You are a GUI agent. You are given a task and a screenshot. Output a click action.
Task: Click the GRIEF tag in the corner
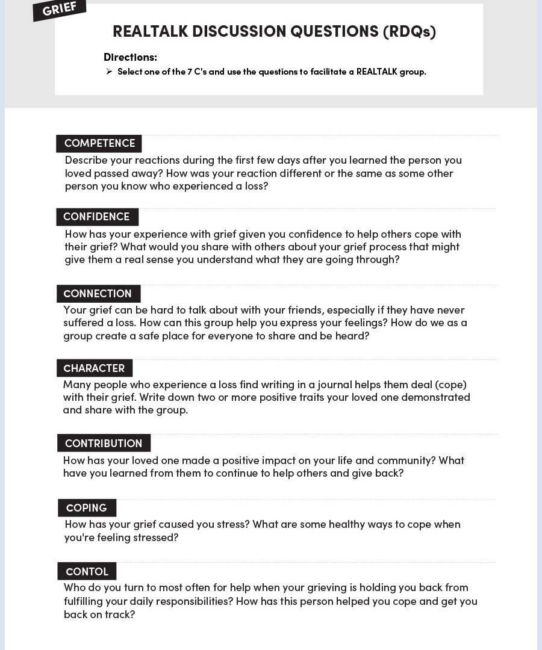pos(60,9)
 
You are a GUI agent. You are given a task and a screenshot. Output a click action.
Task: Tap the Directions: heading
pos(130,57)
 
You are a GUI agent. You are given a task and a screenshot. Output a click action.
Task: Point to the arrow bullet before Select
pos(109,72)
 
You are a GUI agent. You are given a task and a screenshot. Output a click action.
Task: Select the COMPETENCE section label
pos(99,143)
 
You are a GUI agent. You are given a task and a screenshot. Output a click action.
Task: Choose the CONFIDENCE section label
pos(96,217)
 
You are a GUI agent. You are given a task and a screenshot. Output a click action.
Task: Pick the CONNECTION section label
pos(98,294)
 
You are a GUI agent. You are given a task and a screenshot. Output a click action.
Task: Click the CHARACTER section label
pos(94,368)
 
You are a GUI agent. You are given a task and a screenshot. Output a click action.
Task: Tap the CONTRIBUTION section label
pos(104,444)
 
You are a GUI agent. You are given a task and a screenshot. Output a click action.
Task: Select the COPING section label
pos(87,508)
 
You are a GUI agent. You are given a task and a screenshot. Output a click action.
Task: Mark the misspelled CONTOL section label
pos(87,571)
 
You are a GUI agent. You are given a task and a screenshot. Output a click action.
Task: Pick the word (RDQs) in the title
pos(409,31)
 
